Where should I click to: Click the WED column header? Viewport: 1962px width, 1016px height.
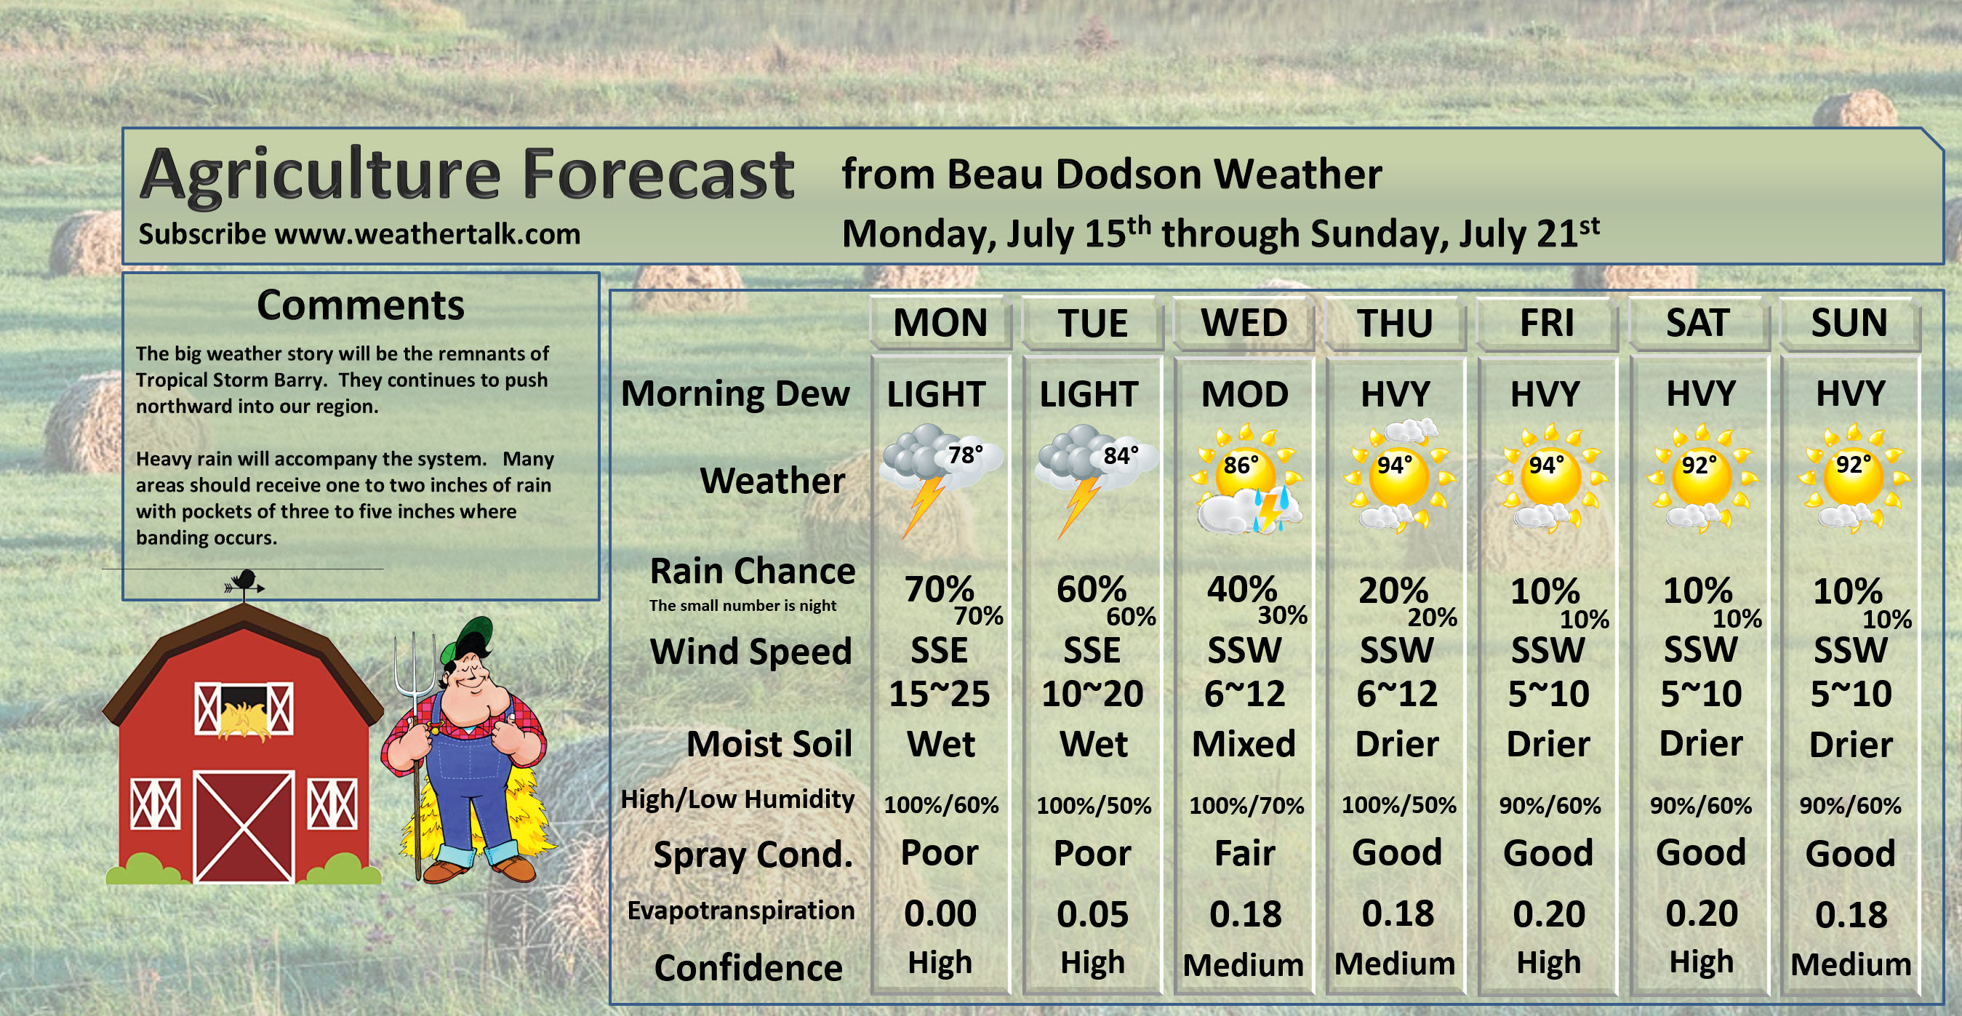point(1244,323)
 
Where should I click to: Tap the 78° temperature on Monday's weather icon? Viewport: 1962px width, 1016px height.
point(965,455)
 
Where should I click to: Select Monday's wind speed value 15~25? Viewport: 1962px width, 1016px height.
point(939,694)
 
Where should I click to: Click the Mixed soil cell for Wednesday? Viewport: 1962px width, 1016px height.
point(1244,744)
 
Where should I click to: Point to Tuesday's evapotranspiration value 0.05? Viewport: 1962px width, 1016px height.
point(1092,914)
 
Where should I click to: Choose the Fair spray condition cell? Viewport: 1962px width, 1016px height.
point(1244,854)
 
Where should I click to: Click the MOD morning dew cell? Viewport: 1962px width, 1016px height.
point(1244,394)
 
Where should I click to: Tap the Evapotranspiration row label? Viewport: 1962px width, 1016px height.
point(740,911)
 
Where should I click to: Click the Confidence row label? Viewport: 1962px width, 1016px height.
point(748,968)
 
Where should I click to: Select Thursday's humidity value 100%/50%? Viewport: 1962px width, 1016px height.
point(1398,805)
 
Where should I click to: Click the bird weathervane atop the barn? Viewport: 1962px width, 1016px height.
point(244,583)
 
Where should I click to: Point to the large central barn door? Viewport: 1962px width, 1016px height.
point(244,826)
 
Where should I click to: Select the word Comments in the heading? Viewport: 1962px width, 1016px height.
point(360,305)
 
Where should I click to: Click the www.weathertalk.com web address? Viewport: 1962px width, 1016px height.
point(428,233)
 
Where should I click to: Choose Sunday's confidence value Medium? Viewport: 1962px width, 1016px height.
point(1851,965)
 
